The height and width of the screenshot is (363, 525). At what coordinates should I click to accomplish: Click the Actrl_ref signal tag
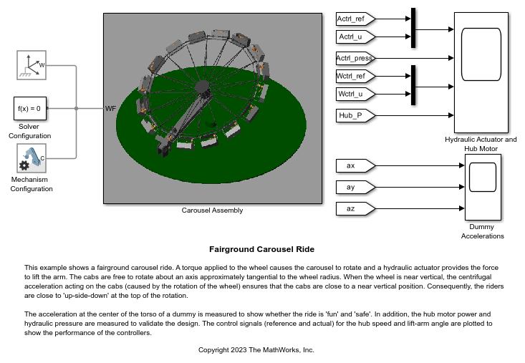click(x=355, y=19)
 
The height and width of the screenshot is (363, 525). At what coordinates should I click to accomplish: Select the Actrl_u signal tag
click(x=355, y=37)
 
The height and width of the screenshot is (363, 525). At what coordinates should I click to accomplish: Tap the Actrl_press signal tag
click(x=355, y=58)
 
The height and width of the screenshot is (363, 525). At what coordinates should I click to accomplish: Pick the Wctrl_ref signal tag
click(x=355, y=77)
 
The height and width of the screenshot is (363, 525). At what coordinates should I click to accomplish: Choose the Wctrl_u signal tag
click(x=355, y=94)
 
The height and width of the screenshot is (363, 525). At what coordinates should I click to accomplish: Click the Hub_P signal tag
click(x=355, y=115)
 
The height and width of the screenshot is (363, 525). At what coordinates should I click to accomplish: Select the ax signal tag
click(x=355, y=165)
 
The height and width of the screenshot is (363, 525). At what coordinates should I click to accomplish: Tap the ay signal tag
click(x=355, y=187)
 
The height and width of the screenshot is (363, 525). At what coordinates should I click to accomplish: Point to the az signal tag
click(x=355, y=209)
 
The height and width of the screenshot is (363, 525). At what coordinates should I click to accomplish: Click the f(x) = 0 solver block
click(x=30, y=108)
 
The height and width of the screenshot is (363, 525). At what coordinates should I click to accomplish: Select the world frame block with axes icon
click(x=32, y=65)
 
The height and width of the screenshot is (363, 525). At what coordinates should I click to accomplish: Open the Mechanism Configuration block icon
click(x=32, y=158)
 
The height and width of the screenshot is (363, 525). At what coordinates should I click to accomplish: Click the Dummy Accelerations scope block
click(x=483, y=187)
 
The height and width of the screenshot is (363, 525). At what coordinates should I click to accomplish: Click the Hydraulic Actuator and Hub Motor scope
click(x=481, y=72)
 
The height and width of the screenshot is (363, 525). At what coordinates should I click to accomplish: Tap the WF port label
click(x=110, y=108)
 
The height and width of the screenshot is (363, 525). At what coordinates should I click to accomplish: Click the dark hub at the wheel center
click(x=202, y=87)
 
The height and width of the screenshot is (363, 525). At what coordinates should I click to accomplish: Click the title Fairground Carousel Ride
click(x=262, y=249)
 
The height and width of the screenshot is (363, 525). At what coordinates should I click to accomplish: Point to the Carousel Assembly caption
click(x=212, y=210)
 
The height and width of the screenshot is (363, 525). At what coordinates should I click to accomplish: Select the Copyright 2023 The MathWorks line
click(x=256, y=350)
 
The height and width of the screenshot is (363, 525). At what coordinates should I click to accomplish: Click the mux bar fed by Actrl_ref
click(x=413, y=28)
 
